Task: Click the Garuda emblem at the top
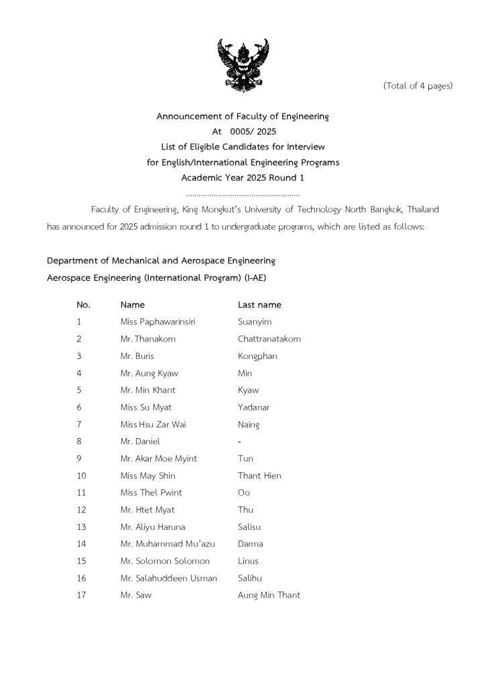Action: [243, 65]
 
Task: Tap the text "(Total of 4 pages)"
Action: [418, 86]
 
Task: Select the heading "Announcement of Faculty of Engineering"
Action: [243, 117]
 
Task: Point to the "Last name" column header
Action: [259, 305]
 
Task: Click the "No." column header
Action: [83, 305]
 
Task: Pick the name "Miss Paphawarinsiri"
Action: [158, 322]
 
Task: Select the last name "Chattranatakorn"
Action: [269, 339]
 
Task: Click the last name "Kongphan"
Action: [257, 356]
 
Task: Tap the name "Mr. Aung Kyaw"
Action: [149, 373]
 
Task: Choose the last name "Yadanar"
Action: [254, 407]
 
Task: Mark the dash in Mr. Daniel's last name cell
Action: [240, 442]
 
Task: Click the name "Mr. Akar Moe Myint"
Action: [159, 459]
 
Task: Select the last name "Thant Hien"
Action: [259, 476]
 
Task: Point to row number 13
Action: [82, 527]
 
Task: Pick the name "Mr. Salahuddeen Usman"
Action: [169, 578]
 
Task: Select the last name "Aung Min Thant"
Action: [269, 596]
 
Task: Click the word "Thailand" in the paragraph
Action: [422, 210]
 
